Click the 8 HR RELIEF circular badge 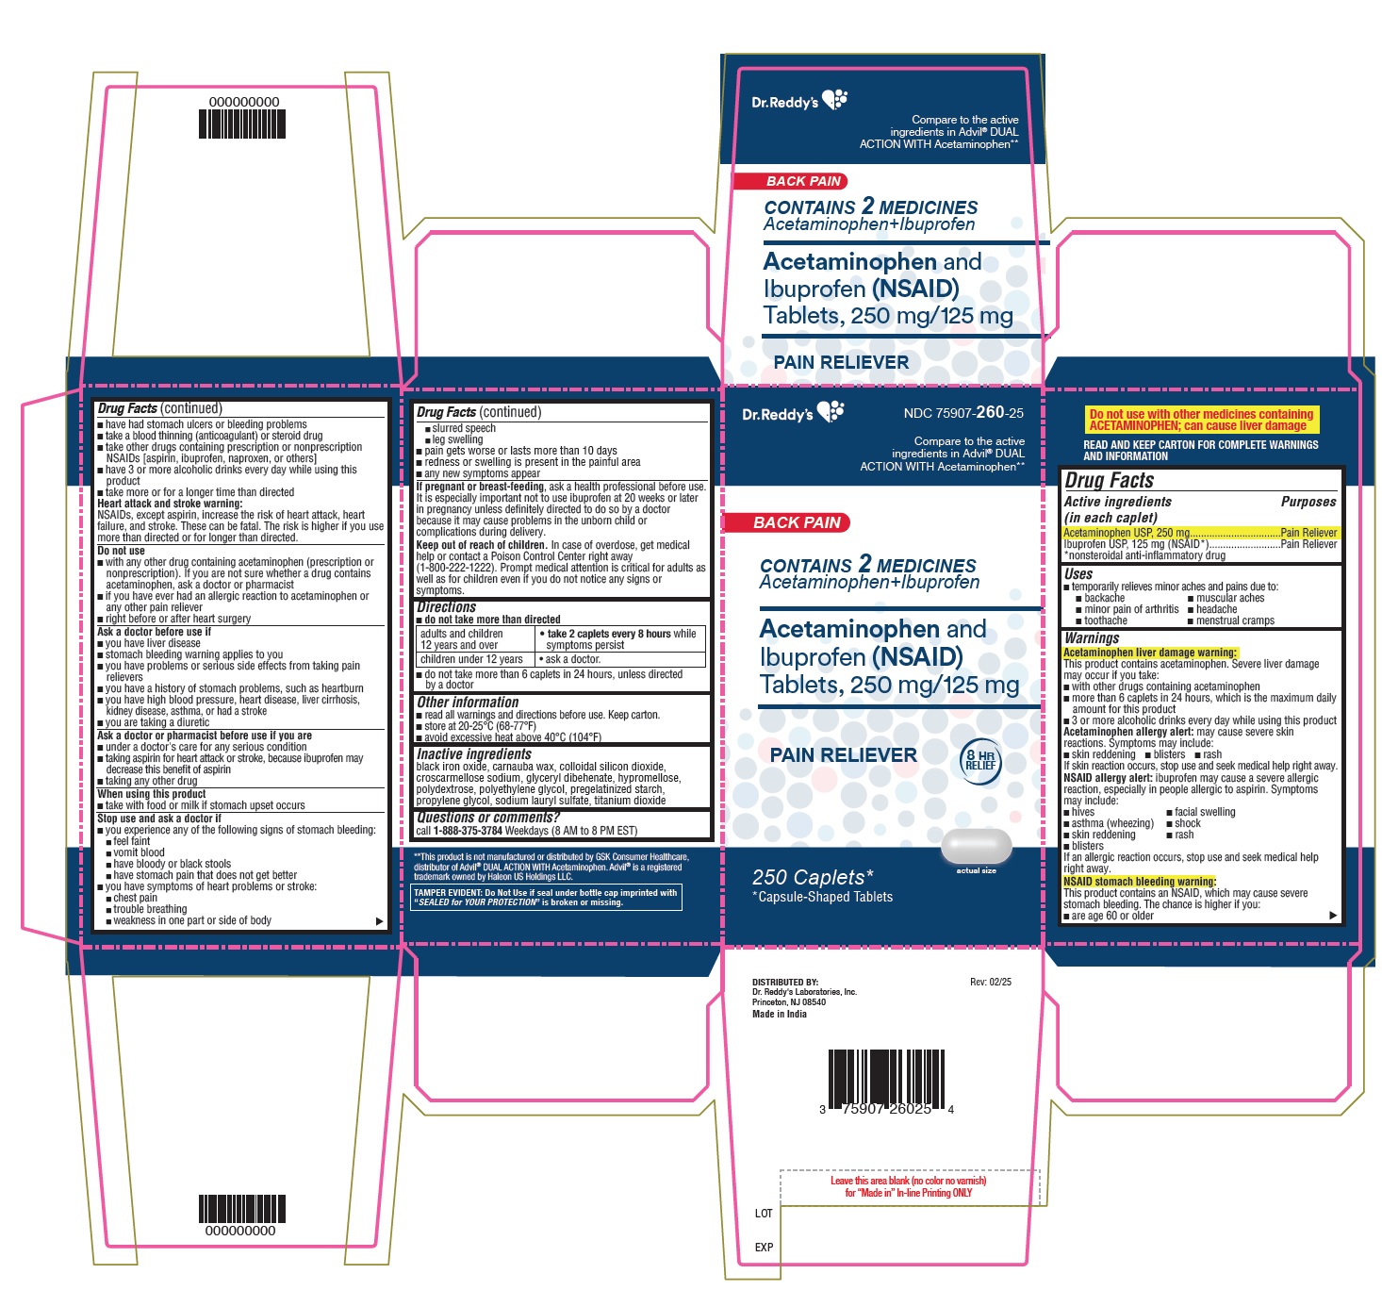[x=980, y=758]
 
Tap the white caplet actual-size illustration [x=977, y=845]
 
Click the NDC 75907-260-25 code [x=963, y=413]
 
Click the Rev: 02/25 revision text [x=990, y=982]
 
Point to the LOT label [x=764, y=1214]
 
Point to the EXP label [x=764, y=1248]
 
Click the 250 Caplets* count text [x=813, y=878]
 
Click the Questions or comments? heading [x=487, y=818]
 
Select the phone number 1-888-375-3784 [x=468, y=831]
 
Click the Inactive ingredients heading [x=474, y=754]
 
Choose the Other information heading [x=468, y=703]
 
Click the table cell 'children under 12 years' [x=471, y=659]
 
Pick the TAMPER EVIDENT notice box [x=546, y=897]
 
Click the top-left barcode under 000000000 [x=242, y=124]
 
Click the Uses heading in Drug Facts [x=1078, y=574]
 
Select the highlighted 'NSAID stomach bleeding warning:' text [x=1139, y=882]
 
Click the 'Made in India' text [x=779, y=1015]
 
